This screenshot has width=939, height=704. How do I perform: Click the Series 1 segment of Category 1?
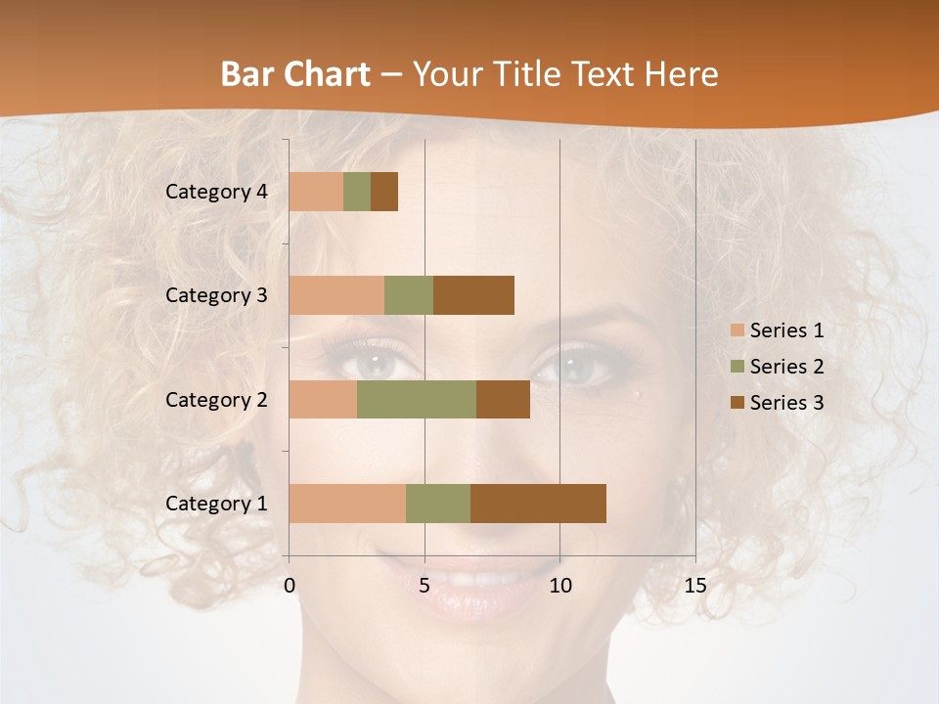pos(347,504)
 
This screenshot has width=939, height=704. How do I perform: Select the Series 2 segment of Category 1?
pos(438,504)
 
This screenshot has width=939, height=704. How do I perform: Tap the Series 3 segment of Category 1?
pos(538,504)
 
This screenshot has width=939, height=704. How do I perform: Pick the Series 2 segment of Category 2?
pos(417,399)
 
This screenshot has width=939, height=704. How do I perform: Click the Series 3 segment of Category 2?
pos(503,399)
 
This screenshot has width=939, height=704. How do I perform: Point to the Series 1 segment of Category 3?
pos(336,295)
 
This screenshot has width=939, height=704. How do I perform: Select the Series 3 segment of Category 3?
pos(473,295)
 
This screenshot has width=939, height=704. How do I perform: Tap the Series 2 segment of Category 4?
pos(357,192)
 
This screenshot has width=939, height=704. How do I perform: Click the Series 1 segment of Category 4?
pos(316,192)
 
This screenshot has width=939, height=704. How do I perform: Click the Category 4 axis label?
pos(216,192)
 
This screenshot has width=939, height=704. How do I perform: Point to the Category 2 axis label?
pos(216,399)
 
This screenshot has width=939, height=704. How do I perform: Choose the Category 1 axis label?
pos(216,504)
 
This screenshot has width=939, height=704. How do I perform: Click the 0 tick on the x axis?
pos(290,586)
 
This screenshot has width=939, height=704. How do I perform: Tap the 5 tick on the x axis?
pos(425,586)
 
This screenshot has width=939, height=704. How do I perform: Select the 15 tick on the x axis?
pos(694,586)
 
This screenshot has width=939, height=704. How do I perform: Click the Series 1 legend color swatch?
pos(737,330)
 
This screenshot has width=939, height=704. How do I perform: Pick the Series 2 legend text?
pos(786,367)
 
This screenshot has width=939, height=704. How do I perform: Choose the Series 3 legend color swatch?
pos(737,403)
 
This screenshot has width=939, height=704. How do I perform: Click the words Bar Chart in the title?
pos(295,74)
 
